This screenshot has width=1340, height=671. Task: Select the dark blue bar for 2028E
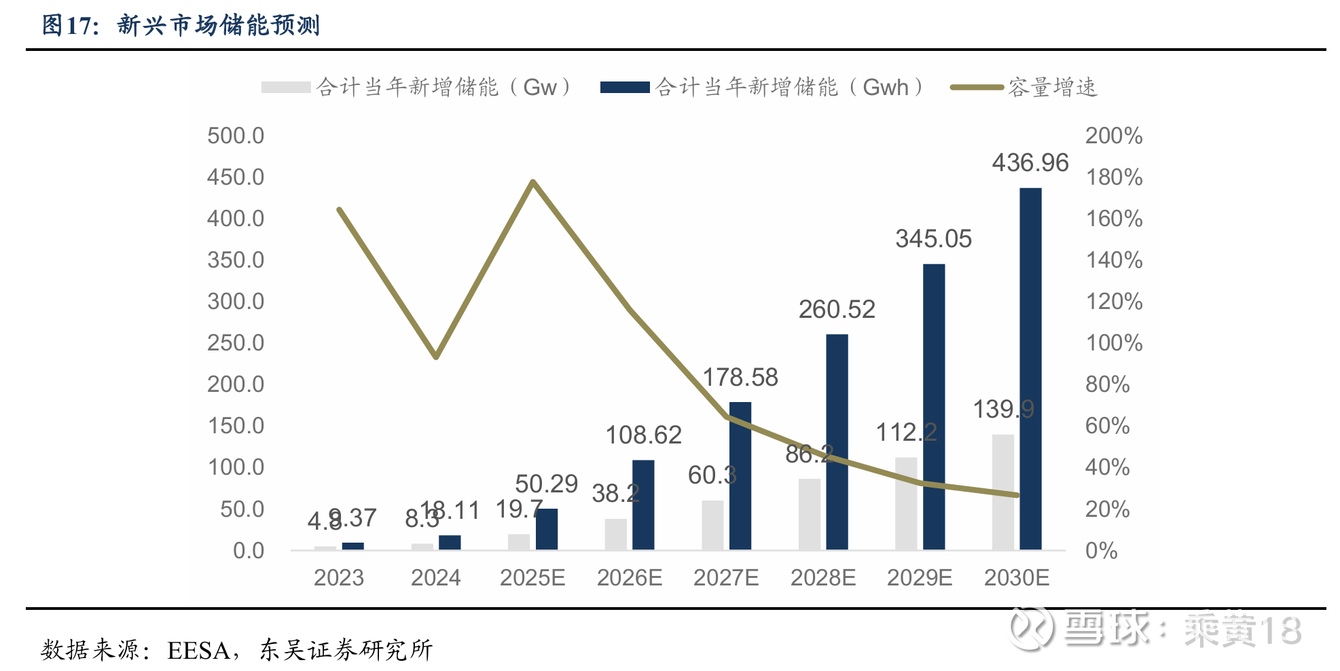point(837,441)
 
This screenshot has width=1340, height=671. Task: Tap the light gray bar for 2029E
point(906,503)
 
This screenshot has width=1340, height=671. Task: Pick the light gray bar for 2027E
point(712,525)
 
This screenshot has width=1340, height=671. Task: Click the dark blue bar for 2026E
point(643,505)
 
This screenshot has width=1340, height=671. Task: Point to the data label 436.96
point(1030,163)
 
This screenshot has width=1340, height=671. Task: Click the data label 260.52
point(837,310)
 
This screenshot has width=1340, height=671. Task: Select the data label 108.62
point(643,435)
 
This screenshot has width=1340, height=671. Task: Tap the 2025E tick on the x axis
point(532,578)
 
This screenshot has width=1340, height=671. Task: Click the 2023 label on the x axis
point(339,578)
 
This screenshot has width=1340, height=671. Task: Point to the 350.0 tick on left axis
point(236,260)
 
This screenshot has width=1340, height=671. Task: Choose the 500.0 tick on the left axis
point(236,136)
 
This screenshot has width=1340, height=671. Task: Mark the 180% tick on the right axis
point(1114,177)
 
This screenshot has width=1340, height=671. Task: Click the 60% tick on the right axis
point(1107,426)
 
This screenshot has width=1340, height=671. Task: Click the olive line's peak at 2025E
point(533,181)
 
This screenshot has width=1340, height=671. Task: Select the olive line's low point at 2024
point(436,357)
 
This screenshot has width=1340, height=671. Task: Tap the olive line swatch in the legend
point(977,88)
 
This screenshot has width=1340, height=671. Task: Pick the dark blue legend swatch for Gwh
point(625,88)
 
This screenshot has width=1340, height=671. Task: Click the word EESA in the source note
point(198,651)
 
